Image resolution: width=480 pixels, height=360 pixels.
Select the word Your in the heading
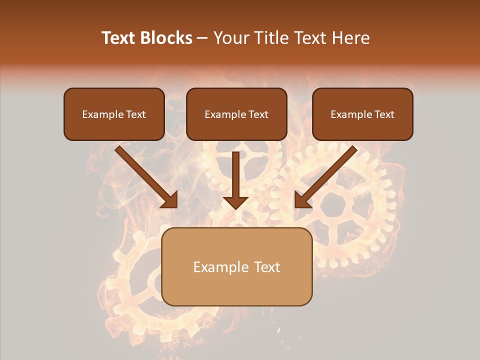coord(228,38)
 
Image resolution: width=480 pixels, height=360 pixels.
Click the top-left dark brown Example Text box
coord(114,127)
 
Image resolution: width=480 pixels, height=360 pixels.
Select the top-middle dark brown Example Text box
coord(236,127)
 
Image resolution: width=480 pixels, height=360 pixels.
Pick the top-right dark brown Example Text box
coord(362,127)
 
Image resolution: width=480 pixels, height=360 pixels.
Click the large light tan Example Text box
coord(237,287)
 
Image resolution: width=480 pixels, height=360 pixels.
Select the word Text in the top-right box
coord(384,114)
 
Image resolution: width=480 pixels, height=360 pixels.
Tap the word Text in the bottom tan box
coord(267,267)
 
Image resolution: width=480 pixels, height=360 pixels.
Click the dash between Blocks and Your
coord(202,38)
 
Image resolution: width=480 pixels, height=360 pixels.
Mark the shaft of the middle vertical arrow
coord(235,172)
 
